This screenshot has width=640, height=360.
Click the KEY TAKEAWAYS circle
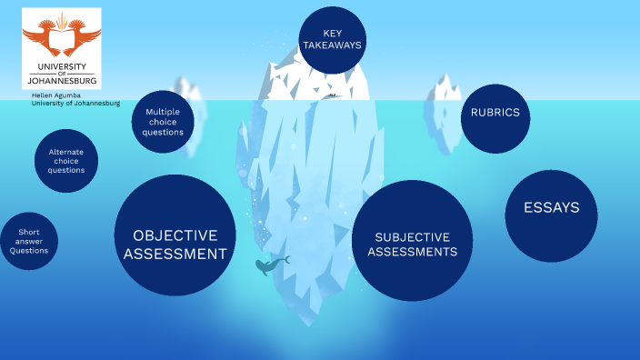click(x=332, y=39)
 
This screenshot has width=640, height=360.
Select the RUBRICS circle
click(x=495, y=114)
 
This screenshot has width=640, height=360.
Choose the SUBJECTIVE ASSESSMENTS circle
click(x=412, y=240)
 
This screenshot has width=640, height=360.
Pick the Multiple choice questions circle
click(x=164, y=122)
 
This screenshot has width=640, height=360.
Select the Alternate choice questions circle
click(x=66, y=161)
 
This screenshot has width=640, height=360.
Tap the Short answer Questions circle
click(x=29, y=242)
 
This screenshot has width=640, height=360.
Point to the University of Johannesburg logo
click(x=62, y=48)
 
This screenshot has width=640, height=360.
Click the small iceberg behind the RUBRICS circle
click(x=446, y=105)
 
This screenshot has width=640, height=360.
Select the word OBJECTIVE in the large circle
click(x=175, y=235)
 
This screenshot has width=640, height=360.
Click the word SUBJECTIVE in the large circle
click(x=412, y=236)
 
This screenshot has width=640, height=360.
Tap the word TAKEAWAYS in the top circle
click(x=332, y=45)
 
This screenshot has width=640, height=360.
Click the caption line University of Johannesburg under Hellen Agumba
click(x=75, y=103)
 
